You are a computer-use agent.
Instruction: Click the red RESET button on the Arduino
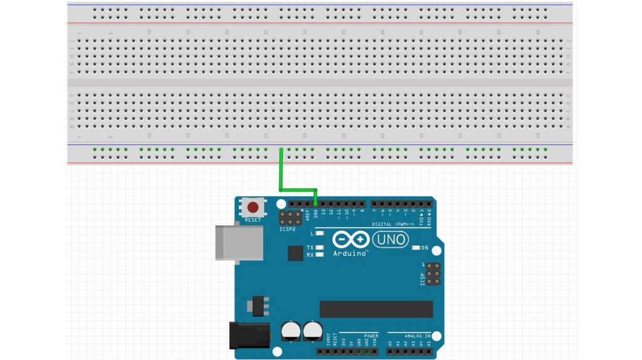253,207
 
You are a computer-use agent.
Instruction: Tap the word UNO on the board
390,239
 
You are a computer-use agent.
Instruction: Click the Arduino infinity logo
351,240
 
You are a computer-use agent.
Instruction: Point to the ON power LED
416,248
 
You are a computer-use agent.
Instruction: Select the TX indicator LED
320,248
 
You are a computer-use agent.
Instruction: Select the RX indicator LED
320,255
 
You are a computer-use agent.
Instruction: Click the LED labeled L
320,233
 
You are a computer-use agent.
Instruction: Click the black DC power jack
249,335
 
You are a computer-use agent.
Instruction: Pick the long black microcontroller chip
376,309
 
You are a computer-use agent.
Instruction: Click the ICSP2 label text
287,230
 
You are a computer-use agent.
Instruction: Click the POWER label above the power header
371,336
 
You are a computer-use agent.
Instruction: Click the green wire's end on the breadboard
281,150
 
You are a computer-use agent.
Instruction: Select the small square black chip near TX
295,253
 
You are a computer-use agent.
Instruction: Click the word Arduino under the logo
350,253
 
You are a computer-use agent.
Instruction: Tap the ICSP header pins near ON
431,274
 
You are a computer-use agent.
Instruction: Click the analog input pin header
410,351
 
